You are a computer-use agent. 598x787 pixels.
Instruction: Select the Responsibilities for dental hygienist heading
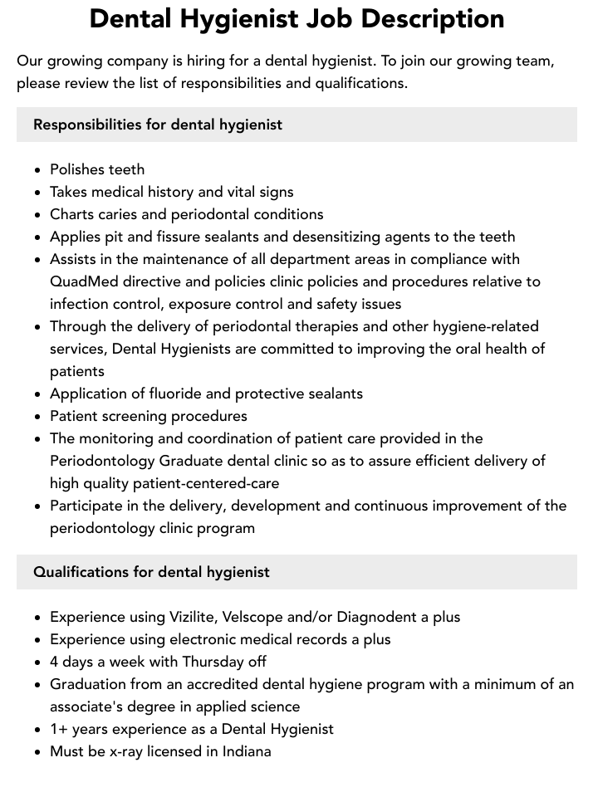(158, 125)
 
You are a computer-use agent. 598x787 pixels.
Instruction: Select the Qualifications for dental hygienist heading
(151, 572)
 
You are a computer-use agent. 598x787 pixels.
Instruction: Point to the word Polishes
(77, 169)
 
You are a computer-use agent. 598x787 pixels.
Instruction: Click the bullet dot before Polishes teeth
(38, 170)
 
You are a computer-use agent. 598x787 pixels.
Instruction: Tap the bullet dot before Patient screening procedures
(38, 417)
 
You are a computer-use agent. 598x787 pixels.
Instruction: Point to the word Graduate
(193, 461)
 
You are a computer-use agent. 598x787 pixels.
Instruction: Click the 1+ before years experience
(59, 729)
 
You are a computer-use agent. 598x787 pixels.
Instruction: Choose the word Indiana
(243, 751)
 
